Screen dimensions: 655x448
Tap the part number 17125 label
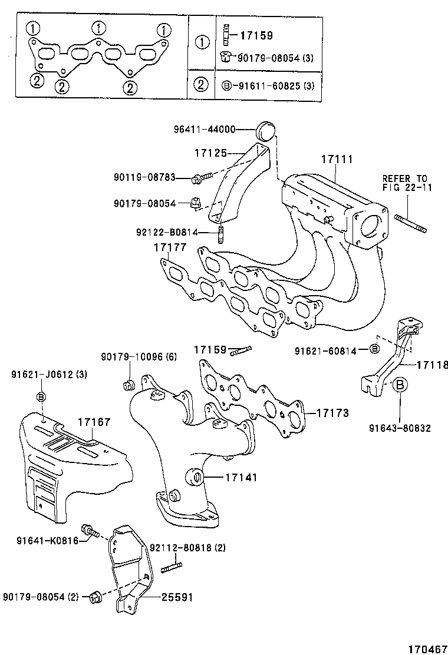pyautogui.click(x=210, y=153)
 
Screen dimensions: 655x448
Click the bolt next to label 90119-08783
pyautogui.click(x=199, y=177)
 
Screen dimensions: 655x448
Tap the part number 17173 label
pyautogui.click(x=333, y=412)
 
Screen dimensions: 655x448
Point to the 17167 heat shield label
pyautogui.click(x=94, y=422)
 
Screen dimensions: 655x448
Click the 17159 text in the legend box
pyautogui.click(x=256, y=36)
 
